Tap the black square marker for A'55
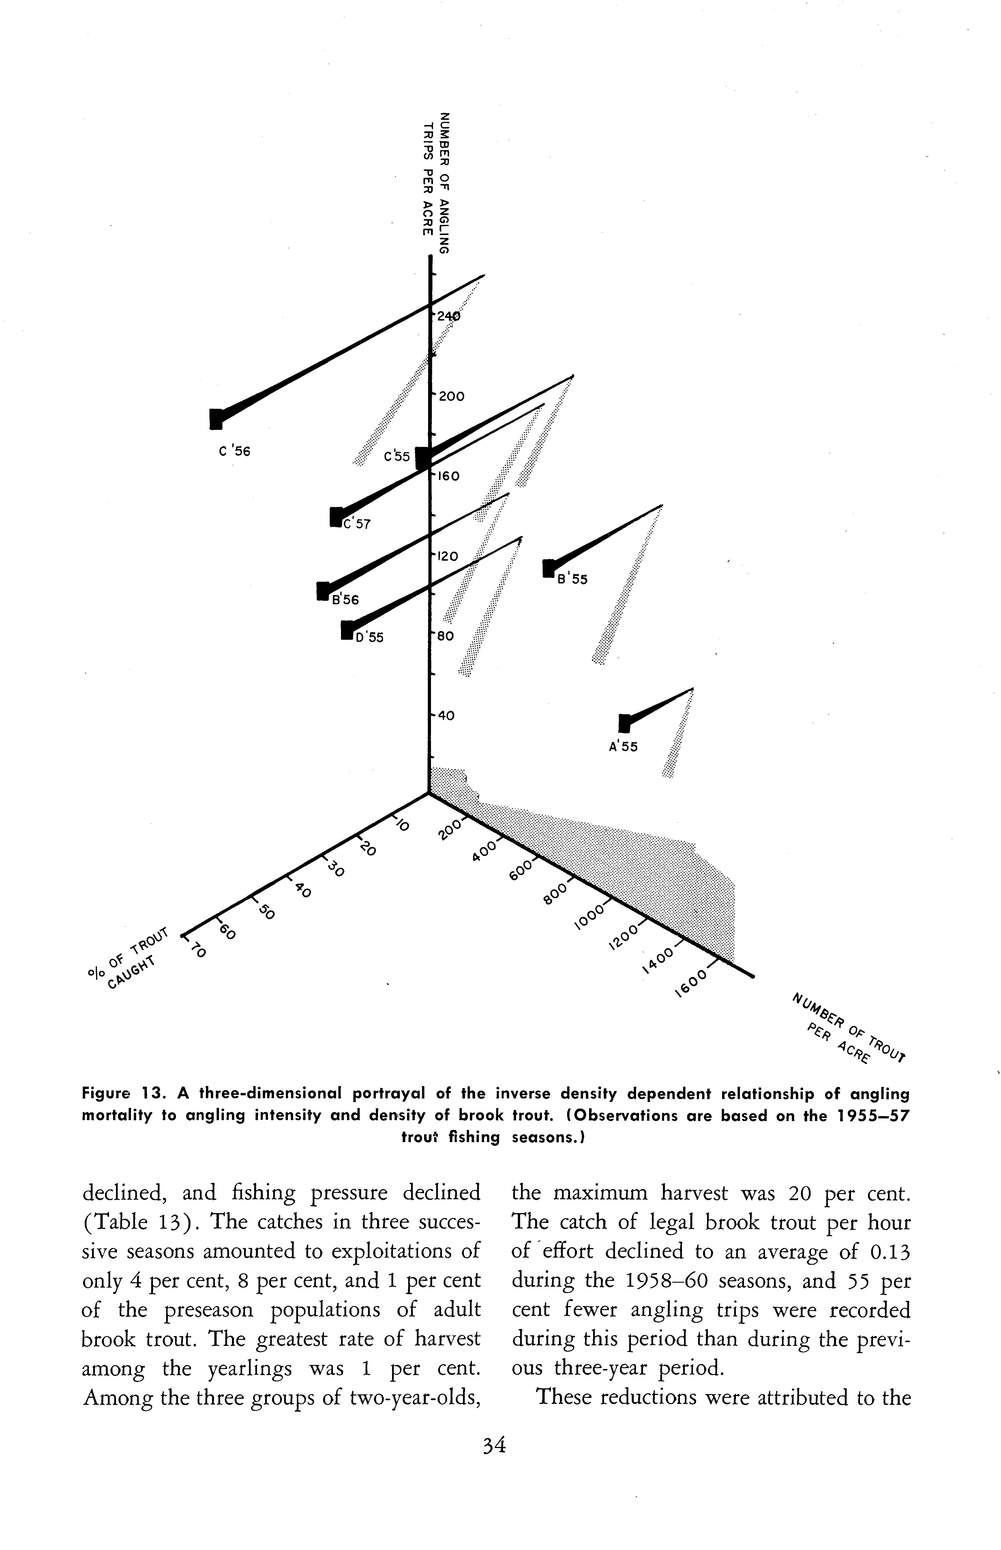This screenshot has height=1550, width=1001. tap(625, 723)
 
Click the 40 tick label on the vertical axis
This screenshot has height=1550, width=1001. tap(446, 715)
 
